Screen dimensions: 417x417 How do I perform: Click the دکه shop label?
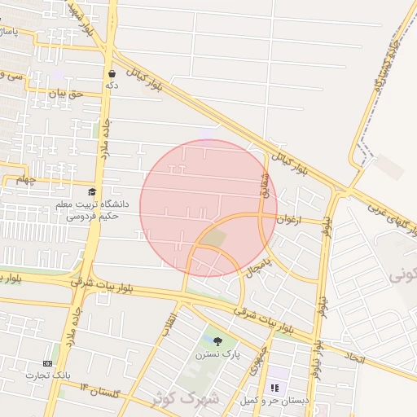pyautogui.click(x=112, y=84)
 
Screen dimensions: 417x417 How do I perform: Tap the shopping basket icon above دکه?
pyautogui.click(x=112, y=73)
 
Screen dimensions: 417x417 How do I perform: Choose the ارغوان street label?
pyautogui.click(x=289, y=219)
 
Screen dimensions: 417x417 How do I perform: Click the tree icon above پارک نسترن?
pyautogui.click(x=216, y=340)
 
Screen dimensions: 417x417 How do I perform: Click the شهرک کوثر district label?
pyautogui.click(x=186, y=398)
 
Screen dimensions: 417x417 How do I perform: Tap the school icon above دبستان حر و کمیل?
pyautogui.click(x=274, y=388)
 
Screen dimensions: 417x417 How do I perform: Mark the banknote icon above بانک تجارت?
pyautogui.click(x=47, y=363)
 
